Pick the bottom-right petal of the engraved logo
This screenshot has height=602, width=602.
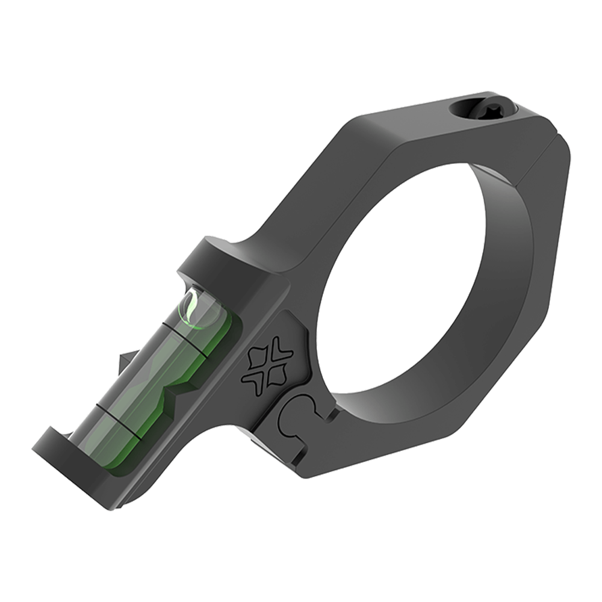point(276,379)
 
